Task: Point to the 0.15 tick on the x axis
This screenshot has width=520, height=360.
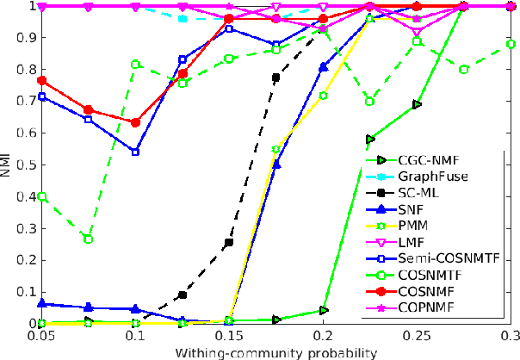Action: point(228,337)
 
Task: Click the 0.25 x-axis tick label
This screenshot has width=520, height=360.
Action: point(417,337)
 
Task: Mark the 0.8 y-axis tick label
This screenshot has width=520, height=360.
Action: point(23,70)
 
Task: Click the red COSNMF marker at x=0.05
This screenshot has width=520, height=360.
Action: point(42,80)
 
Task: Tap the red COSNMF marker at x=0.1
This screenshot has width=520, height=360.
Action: point(135,122)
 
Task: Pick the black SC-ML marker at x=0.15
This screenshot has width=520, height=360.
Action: point(229,243)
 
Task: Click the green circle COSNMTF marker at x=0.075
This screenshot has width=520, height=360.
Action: point(89,239)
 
